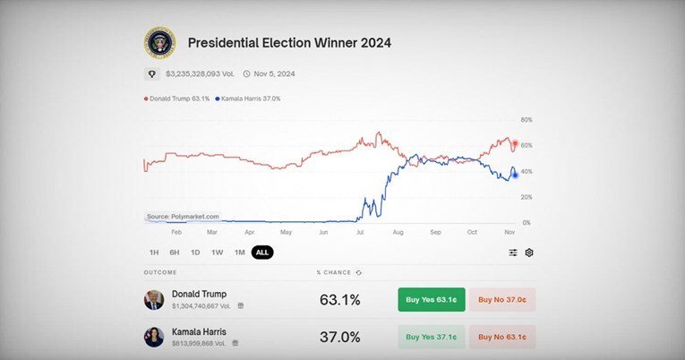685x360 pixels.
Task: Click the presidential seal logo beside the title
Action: pos(160,42)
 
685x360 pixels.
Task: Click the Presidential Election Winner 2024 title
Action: pos(288,42)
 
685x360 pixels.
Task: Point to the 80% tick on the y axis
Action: pos(527,119)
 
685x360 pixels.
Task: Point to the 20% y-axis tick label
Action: pos(527,197)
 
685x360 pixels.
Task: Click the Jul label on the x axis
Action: pos(360,232)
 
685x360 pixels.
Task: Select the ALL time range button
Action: pos(262,253)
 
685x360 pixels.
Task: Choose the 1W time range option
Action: pos(218,253)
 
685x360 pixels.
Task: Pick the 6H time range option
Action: pos(175,253)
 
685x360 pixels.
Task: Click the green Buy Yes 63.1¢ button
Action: pos(432,300)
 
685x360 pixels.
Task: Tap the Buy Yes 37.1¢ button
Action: pos(432,337)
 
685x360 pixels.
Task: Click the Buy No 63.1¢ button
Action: pos(502,337)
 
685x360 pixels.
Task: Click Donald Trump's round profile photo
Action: pos(154,299)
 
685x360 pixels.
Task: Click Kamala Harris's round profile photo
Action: pos(154,337)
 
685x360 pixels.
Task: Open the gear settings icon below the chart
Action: pos(529,253)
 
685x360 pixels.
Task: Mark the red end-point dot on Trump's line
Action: pos(514,144)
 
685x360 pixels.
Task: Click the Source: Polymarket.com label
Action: pos(183,217)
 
